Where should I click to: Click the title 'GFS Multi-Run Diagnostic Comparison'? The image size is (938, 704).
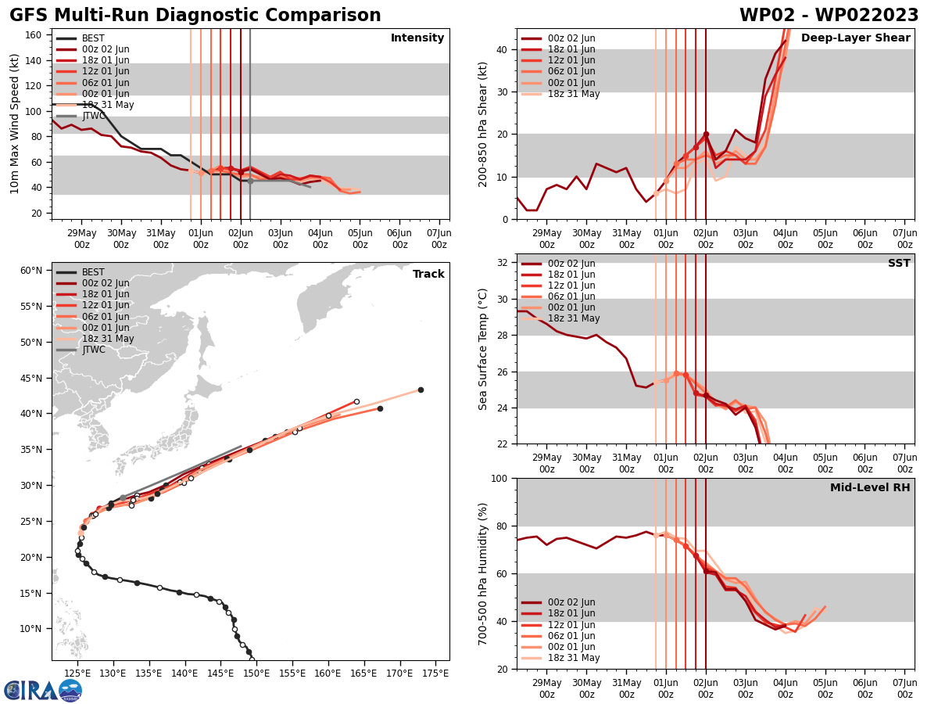click(x=195, y=16)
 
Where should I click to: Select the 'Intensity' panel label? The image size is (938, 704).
click(x=417, y=38)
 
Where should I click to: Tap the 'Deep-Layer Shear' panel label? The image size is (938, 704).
click(x=855, y=38)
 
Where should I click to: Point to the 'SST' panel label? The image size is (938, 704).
click(x=899, y=264)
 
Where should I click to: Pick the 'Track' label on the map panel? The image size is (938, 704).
click(x=428, y=275)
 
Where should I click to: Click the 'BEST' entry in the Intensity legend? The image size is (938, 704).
click(x=93, y=38)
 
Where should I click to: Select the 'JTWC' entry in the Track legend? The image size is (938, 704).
click(x=93, y=350)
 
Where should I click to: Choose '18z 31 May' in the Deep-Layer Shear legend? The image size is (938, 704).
click(x=572, y=94)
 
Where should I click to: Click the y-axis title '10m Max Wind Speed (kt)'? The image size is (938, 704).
click(x=15, y=124)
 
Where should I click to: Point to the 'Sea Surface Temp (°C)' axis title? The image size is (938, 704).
click(x=483, y=349)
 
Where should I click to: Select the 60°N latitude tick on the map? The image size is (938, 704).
click(x=31, y=271)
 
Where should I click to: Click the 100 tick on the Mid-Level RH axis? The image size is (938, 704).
click(x=500, y=478)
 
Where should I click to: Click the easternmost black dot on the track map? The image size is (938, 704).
click(x=421, y=390)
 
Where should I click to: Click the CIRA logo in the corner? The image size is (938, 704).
click(x=42, y=690)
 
